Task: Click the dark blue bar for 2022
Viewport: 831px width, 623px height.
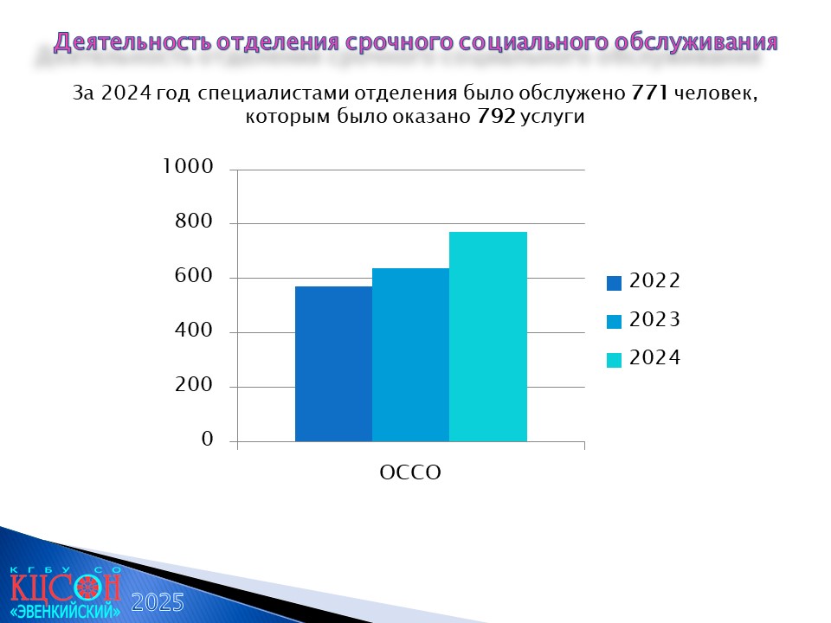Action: coord(333,364)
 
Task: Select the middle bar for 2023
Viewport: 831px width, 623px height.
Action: coord(410,355)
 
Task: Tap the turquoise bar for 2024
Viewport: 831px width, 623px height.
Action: coord(488,337)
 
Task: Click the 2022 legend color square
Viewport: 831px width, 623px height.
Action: coord(614,283)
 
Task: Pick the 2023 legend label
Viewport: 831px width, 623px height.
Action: coord(654,319)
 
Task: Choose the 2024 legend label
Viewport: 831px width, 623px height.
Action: coord(654,357)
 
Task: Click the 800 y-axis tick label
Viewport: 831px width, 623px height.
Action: coord(193,221)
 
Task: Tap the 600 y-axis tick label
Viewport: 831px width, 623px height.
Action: coord(193,275)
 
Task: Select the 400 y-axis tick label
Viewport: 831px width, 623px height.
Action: coord(193,330)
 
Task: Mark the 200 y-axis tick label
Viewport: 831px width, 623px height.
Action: coord(193,384)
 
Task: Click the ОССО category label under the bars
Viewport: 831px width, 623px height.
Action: coord(410,472)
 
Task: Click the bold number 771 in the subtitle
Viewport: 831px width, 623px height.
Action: coord(649,93)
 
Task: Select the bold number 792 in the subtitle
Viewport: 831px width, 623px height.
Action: coord(496,115)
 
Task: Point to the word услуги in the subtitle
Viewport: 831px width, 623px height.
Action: coord(552,117)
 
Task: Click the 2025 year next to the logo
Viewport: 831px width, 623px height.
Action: coord(158,603)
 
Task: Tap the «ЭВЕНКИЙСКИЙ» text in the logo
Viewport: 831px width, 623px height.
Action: coord(65,610)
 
